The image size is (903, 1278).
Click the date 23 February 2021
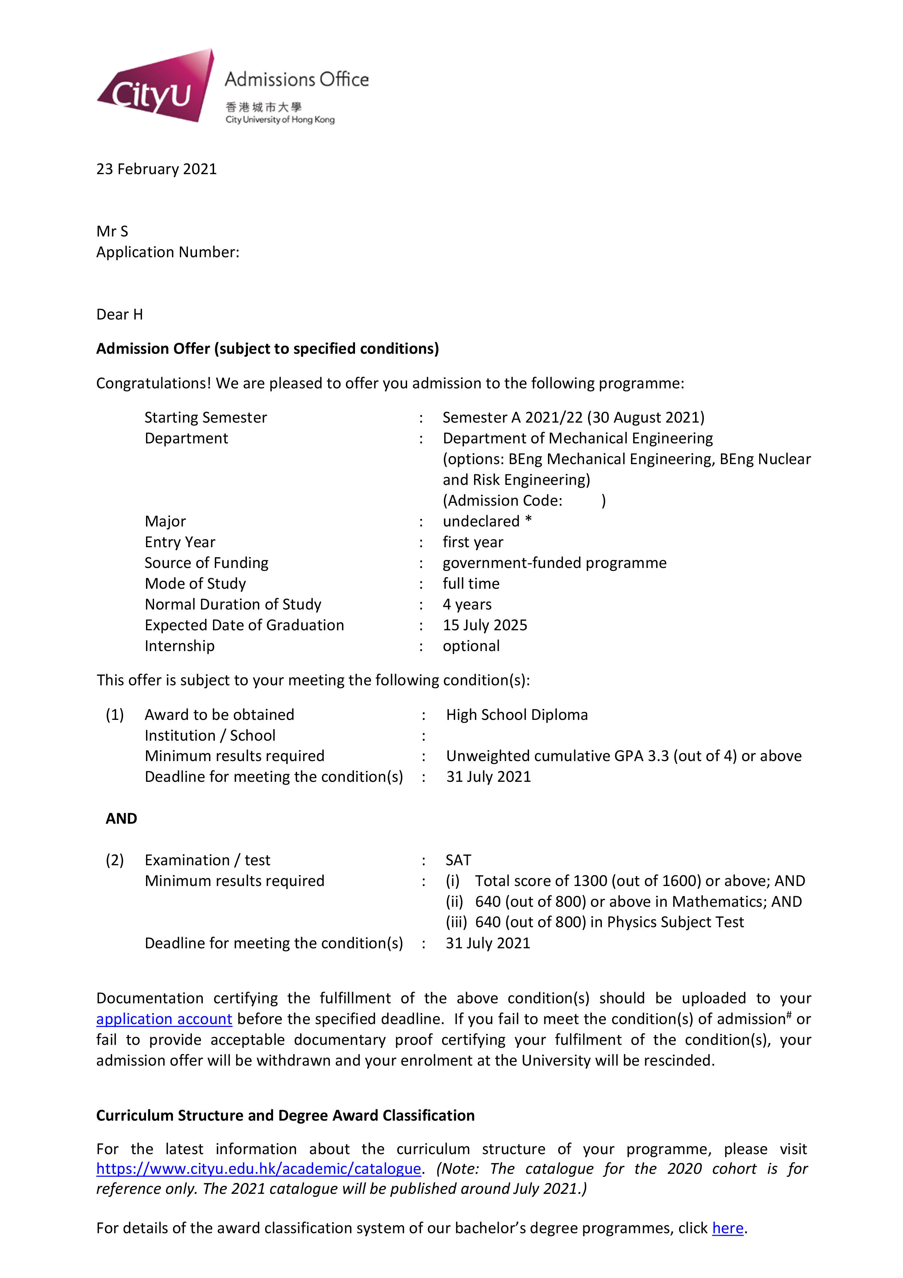pyautogui.click(x=156, y=169)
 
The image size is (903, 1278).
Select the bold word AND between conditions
pyautogui.click(x=121, y=818)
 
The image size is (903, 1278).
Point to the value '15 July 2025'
pyautogui.click(x=485, y=625)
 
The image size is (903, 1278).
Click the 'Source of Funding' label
pyautogui.click(x=206, y=563)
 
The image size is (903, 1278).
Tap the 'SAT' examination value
pyautogui.click(x=458, y=860)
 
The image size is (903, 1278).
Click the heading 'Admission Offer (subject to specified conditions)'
pyautogui.click(x=267, y=348)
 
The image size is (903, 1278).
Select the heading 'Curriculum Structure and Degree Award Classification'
pyautogui.click(x=285, y=1116)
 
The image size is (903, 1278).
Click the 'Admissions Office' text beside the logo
pyautogui.click(x=296, y=79)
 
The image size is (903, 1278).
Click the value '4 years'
pyautogui.click(x=467, y=604)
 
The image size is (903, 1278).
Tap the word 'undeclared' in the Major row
pyautogui.click(x=481, y=522)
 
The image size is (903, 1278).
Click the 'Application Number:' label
pyautogui.click(x=167, y=252)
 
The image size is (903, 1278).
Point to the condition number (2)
pyautogui.click(x=115, y=860)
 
